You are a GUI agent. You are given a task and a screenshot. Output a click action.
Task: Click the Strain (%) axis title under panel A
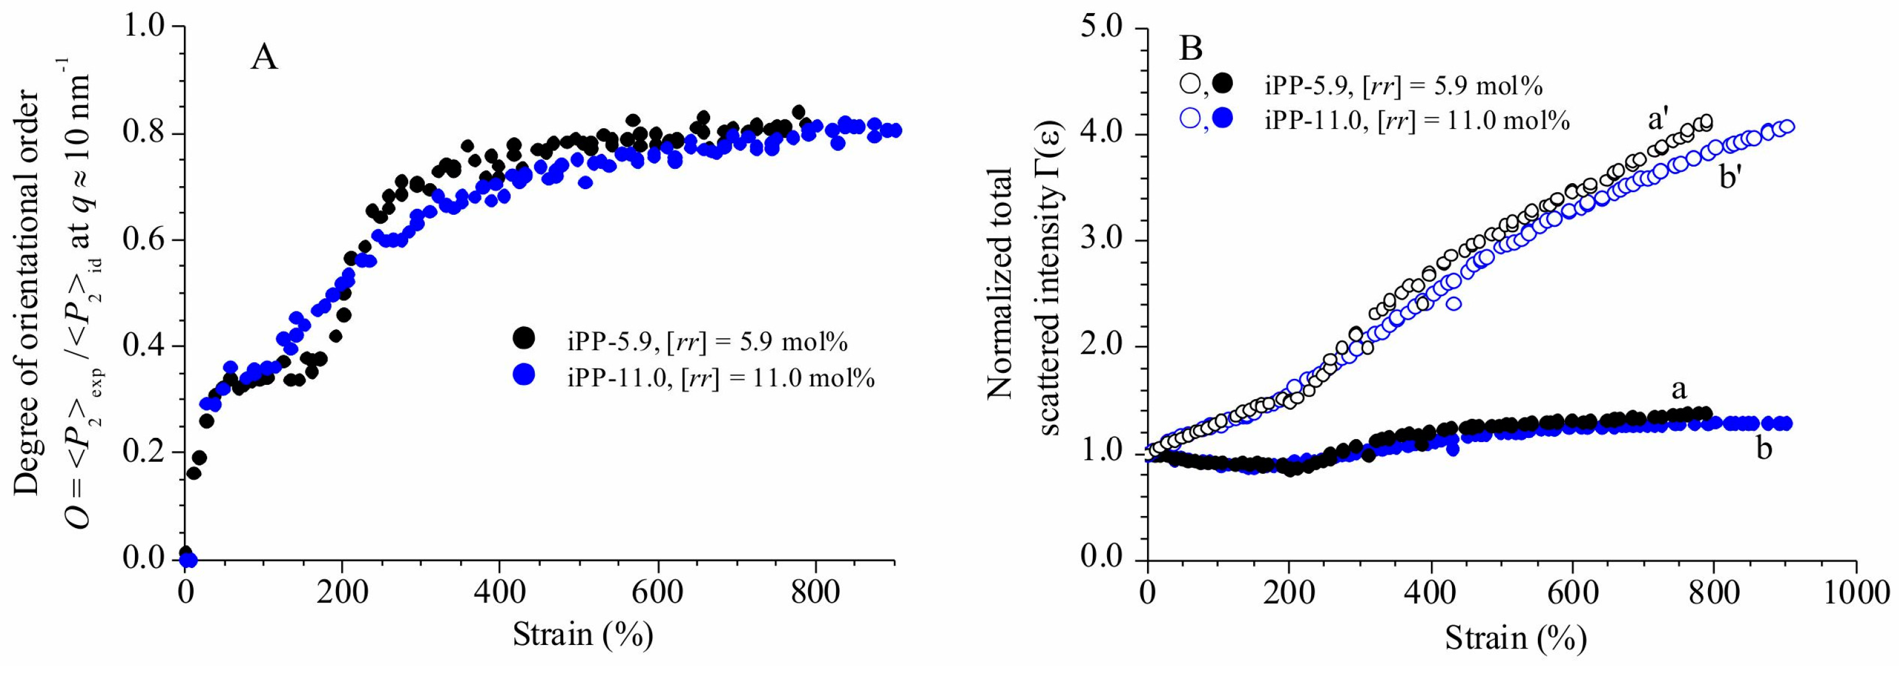pyautogui.click(x=582, y=635)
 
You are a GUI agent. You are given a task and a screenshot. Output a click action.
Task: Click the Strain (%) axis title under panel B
pyautogui.click(x=1515, y=638)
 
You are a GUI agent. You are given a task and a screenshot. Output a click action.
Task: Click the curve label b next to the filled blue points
pyautogui.click(x=1764, y=448)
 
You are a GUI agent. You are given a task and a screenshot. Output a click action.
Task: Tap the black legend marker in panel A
pyautogui.click(x=523, y=338)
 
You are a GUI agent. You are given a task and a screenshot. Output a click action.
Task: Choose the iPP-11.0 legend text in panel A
pyautogui.click(x=720, y=379)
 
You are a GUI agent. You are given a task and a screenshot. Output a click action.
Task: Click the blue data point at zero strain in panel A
pyautogui.click(x=189, y=560)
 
